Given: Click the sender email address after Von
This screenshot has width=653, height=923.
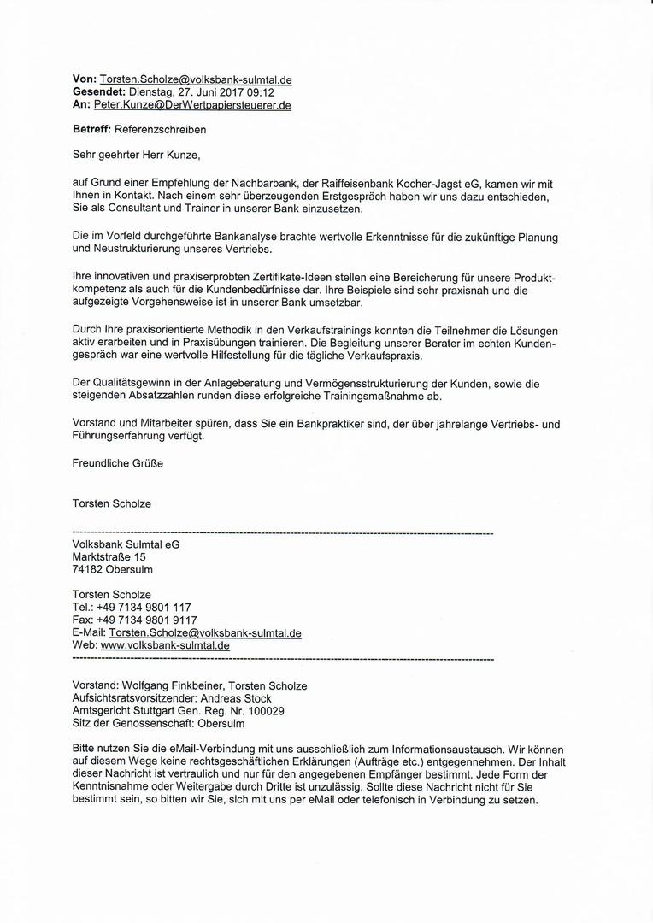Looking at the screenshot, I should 196,79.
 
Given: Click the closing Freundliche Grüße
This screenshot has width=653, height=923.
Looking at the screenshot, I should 117,463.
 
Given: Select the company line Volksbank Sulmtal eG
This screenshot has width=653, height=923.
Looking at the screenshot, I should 126,544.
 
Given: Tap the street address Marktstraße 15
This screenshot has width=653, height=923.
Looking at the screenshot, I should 109,556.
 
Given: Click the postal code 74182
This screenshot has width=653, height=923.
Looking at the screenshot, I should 89,569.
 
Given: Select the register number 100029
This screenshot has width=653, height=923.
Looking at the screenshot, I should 264,711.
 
